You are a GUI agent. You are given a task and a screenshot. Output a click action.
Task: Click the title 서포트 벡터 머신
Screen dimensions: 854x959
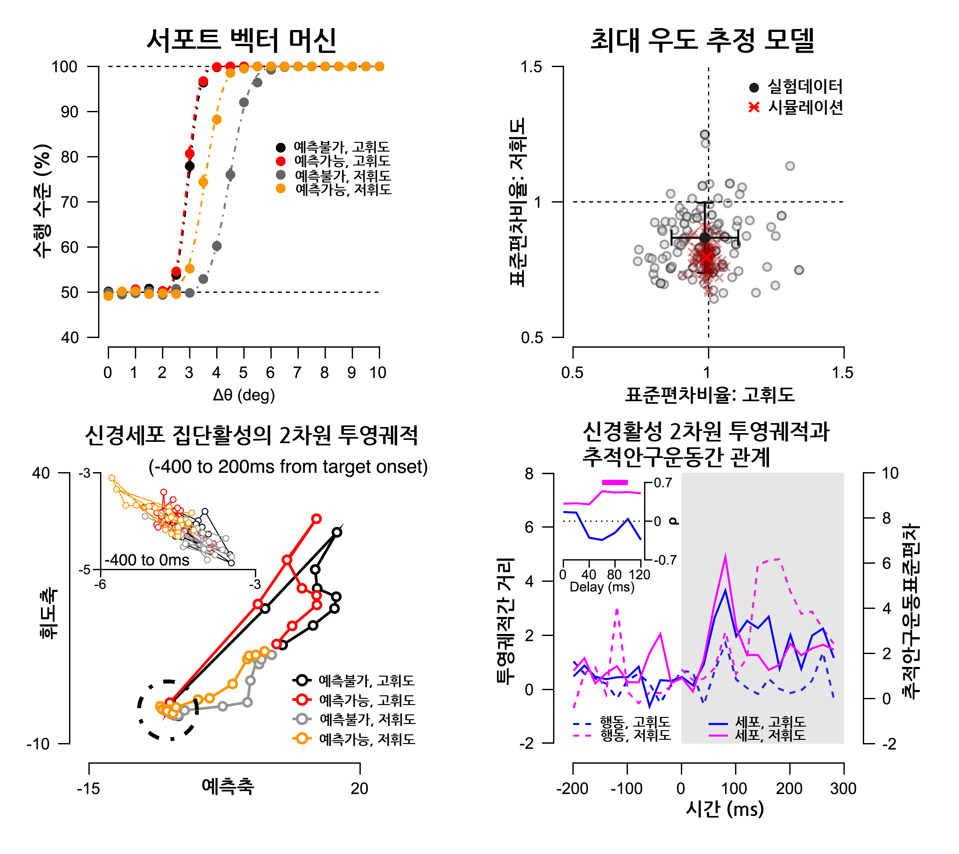click(x=241, y=40)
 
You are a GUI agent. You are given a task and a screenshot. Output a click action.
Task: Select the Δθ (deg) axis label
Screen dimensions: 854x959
click(x=244, y=395)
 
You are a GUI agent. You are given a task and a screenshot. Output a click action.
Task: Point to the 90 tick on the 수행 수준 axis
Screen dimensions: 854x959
click(x=69, y=112)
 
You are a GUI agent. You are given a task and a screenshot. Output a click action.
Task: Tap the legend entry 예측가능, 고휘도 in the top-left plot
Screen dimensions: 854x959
click(x=342, y=161)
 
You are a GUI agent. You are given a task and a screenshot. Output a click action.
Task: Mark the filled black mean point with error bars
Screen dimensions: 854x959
click(x=705, y=238)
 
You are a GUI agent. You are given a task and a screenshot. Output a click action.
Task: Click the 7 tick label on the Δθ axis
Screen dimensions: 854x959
click(x=297, y=372)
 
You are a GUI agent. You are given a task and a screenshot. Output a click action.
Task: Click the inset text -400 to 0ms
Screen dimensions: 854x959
click(x=147, y=560)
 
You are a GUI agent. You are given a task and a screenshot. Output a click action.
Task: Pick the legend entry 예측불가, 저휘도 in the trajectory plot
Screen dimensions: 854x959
click(x=367, y=719)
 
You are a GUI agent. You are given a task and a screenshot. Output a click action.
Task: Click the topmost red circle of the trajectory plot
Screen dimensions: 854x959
click(x=317, y=519)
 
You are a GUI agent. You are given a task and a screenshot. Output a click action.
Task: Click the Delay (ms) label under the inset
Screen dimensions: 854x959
click(x=602, y=587)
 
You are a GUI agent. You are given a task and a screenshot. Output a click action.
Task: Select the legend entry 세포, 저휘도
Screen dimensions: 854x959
click(x=770, y=735)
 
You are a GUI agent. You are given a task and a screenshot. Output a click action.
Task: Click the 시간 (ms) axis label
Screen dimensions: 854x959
click(x=725, y=809)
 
